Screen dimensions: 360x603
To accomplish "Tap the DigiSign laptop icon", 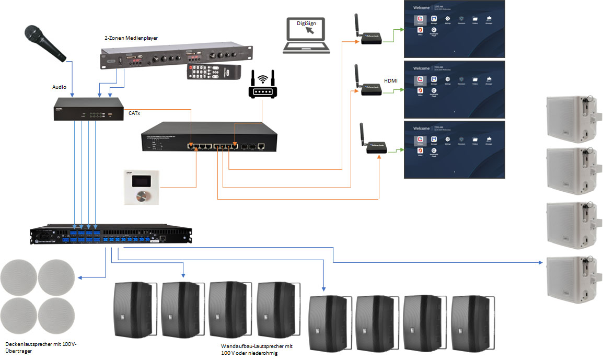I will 307,36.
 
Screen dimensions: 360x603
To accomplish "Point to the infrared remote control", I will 214,72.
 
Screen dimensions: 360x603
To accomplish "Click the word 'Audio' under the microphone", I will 60,87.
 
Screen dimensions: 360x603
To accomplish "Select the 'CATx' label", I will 135,112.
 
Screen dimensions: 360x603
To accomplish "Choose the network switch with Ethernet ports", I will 206,137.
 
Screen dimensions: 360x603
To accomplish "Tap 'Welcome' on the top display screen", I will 422,8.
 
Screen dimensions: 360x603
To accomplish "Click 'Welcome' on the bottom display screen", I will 422,128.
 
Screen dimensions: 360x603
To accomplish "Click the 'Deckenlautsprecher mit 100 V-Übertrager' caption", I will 41,347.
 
